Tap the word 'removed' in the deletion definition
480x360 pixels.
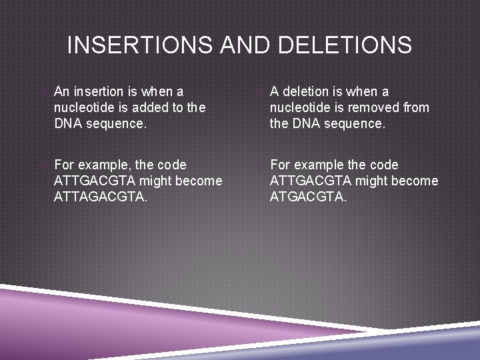373,107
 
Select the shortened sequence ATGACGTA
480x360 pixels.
308,197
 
